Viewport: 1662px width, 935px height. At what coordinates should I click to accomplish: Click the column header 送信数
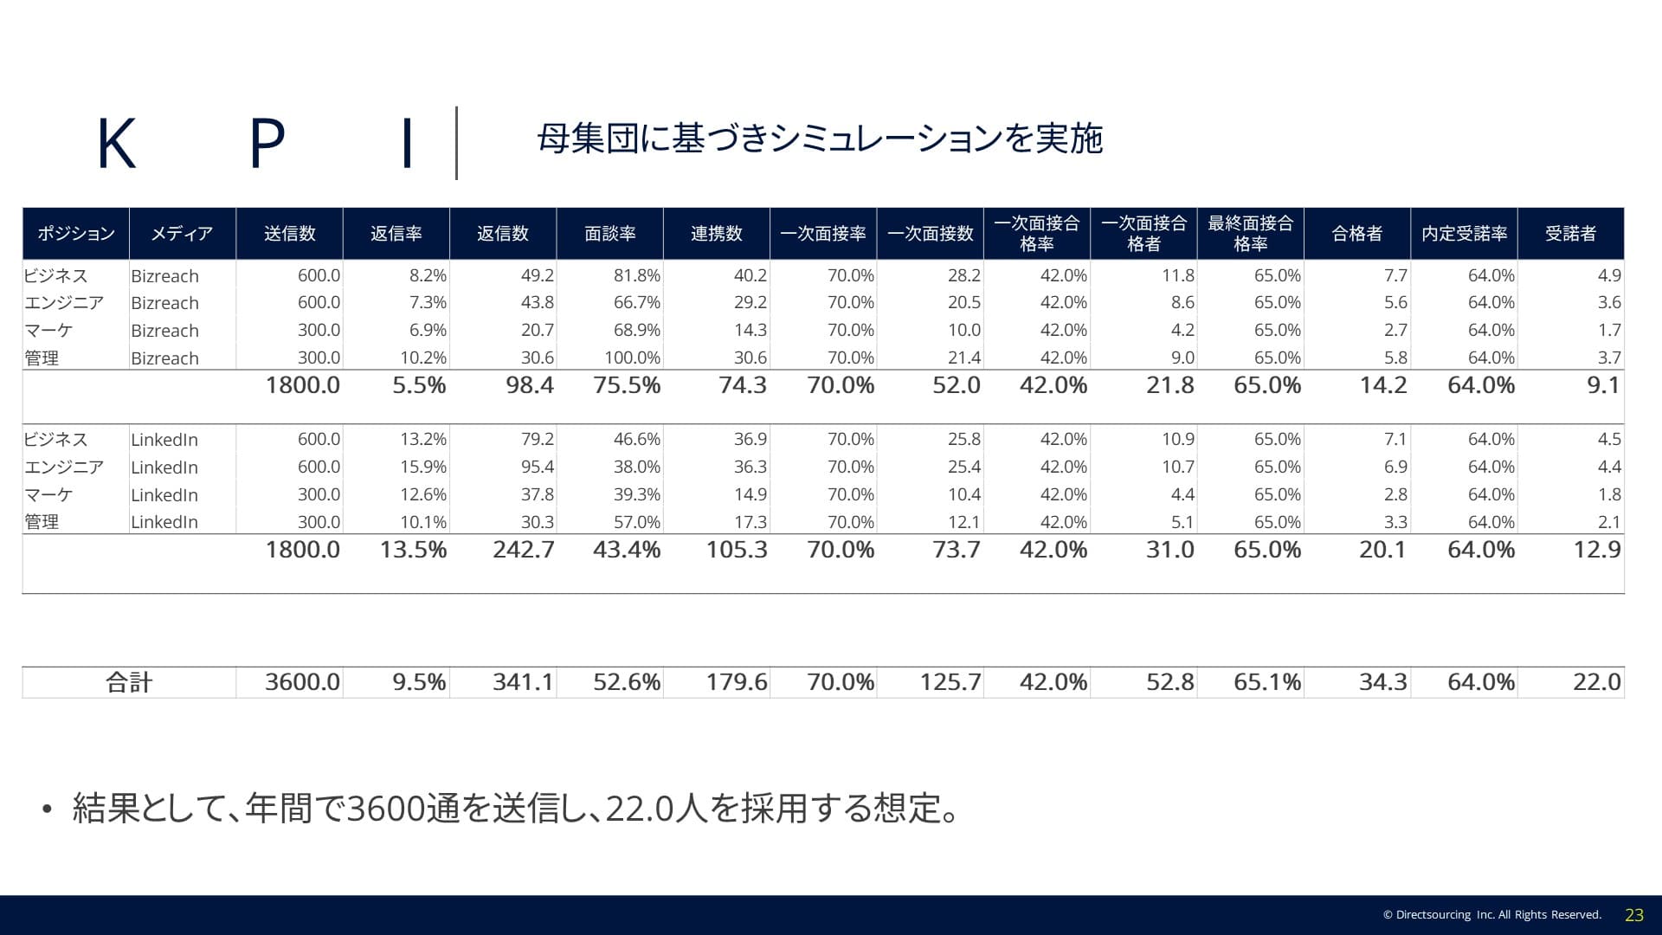click(x=289, y=234)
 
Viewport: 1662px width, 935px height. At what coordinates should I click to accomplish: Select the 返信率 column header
click(x=396, y=234)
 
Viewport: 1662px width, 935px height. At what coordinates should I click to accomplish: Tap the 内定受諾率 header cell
click(x=1464, y=234)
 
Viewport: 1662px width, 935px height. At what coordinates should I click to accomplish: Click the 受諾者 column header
click(x=1570, y=234)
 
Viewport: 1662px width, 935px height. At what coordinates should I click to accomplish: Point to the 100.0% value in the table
click(x=632, y=358)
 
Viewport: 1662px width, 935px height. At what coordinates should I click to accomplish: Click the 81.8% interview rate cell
click(x=636, y=275)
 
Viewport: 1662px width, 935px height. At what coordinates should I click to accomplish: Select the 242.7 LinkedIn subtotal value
click(x=523, y=550)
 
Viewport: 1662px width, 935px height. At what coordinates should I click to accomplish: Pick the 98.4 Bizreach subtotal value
click(x=530, y=385)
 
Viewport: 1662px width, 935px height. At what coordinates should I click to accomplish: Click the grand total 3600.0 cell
click(x=302, y=682)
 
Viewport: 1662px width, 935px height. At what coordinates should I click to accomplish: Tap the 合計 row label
click(x=129, y=682)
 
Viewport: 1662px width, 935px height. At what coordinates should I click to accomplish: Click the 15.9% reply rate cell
click(x=422, y=467)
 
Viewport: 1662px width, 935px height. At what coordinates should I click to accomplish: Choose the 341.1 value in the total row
click(x=523, y=682)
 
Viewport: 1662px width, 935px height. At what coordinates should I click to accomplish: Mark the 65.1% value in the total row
click(x=1267, y=682)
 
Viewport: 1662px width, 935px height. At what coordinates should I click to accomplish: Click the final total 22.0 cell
click(x=1596, y=682)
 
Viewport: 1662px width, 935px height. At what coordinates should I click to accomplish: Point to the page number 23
click(x=1634, y=915)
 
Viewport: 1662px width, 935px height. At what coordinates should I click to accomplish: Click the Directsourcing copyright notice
click(x=1491, y=915)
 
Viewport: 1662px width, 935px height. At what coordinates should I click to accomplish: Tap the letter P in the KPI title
click(x=267, y=144)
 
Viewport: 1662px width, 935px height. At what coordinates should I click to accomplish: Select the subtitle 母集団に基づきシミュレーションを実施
click(x=819, y=139)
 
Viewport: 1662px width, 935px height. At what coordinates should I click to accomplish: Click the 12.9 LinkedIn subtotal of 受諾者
click(x=1596, y=550)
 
